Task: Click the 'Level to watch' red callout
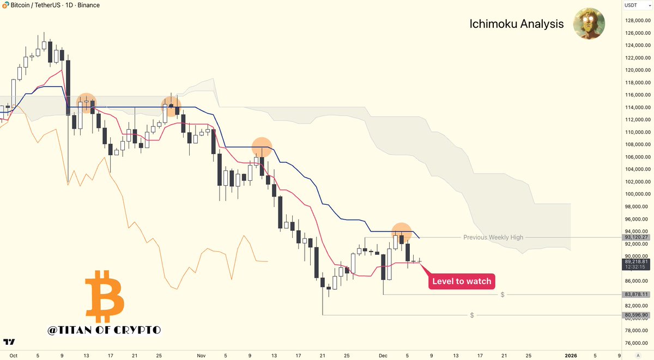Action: pyautogui.click(x=462, y=282)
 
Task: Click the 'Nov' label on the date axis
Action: pyautogui.click(x=201, y=355)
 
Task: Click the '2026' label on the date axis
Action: pyautogui.click(x=571, y=355)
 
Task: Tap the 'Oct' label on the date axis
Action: pyautogui.click(x=14, y=355)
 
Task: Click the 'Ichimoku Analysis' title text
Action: pyautogui.click(x=516, y=25)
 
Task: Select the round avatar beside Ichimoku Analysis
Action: pyautogui.click(x=589, y=23)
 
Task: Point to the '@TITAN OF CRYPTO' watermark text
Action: pyautogui.click(x=104, y=330)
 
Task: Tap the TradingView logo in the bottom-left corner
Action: pyautogui.click(x=9, y=342)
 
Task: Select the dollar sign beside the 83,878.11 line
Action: pyautogui.click(x=502, y=295)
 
